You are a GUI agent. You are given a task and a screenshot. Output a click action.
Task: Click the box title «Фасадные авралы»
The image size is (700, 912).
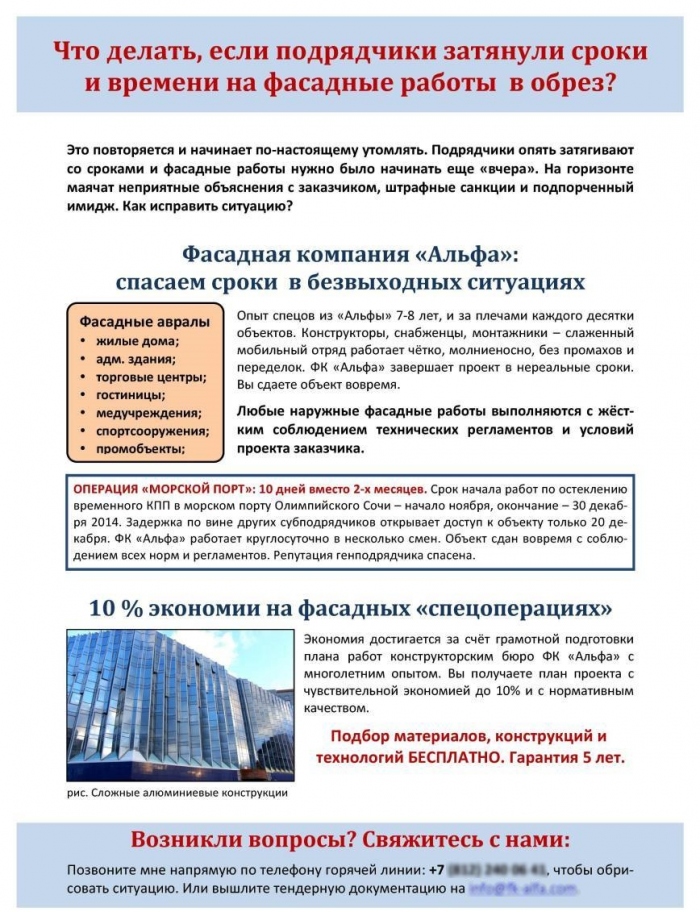click(144, 321)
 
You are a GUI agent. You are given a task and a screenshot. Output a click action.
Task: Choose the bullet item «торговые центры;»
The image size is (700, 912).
click(150, 377)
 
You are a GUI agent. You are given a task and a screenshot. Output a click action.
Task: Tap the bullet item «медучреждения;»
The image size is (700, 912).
click(148, 413)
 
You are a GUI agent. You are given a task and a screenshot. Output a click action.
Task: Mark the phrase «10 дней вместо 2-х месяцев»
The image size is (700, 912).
click(341, 489)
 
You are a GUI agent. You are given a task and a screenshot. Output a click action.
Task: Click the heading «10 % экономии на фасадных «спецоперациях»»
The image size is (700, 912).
click(350, 608)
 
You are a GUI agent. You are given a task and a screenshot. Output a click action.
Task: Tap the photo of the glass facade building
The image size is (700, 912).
click(180, 705)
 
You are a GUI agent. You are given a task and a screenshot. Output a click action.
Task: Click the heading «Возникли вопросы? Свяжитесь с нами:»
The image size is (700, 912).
click(350, 838)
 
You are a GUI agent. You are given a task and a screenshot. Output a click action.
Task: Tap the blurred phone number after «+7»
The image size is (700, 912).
click(496, 868)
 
